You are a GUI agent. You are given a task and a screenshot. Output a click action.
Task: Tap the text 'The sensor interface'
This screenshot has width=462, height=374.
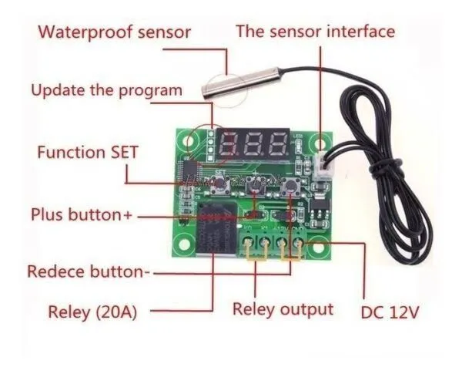point(315,32)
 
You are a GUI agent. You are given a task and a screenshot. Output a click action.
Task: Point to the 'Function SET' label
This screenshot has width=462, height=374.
point(88,152)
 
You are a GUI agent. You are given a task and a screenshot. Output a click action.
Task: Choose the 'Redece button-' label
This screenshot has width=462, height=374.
point(89,271)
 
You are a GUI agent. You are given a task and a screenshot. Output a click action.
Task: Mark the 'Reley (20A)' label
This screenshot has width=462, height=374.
point(97,312)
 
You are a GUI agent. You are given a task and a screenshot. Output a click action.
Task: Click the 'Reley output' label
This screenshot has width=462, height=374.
point(283,309)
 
